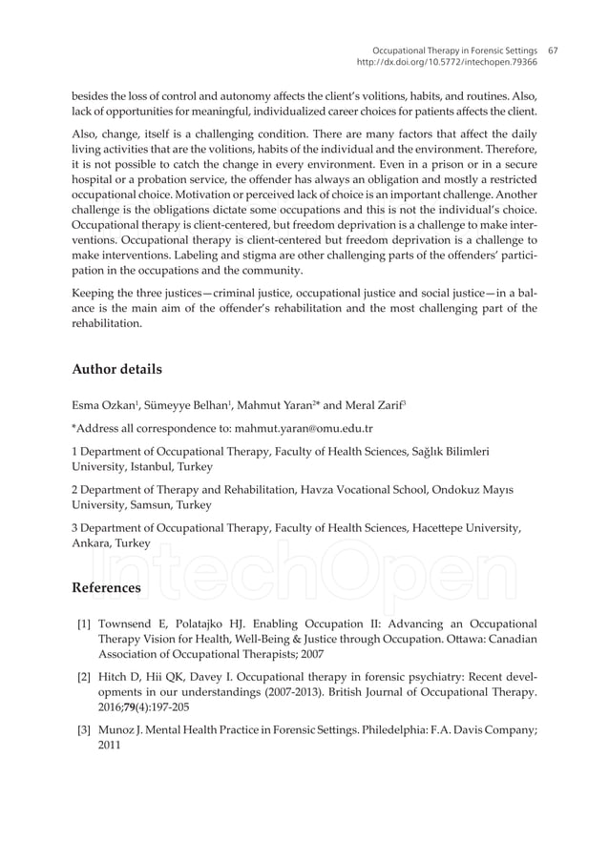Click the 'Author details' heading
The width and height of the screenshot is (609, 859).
[116, 368]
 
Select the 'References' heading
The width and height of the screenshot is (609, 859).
[107, 587]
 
